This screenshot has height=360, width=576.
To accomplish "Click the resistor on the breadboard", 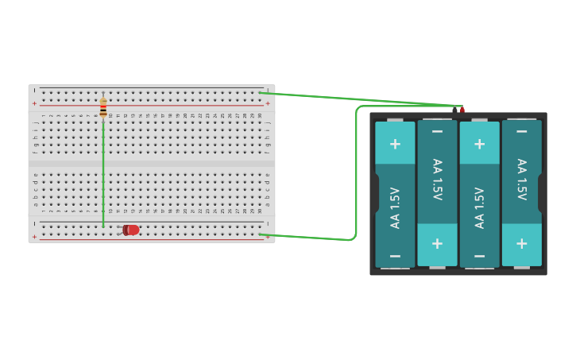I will point(103,107).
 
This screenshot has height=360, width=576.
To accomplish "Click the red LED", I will point(131,230).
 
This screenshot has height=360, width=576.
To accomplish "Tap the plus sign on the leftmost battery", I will point(395,144).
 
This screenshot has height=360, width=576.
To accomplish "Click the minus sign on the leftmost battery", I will point(395,256).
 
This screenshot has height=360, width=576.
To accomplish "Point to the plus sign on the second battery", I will point(437,244).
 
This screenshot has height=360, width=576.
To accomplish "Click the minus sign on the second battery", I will point(437,131).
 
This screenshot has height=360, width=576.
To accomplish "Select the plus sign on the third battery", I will point(479,144).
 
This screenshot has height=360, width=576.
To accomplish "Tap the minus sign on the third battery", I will point(479,256).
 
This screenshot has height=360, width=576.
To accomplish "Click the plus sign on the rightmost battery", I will point(521,244).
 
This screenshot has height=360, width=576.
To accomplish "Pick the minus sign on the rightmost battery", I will point(521,131).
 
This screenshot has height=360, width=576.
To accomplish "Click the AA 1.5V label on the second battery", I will point(437,180).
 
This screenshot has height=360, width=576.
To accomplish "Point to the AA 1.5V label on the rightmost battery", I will point(521,180).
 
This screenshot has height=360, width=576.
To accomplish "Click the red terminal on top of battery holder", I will point(462,110).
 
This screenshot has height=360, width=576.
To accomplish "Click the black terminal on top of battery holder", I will point(455,110).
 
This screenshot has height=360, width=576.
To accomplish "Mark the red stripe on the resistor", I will point(103,110).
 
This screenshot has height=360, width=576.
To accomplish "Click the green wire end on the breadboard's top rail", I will point(261,92).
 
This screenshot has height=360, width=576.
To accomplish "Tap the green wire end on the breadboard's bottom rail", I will point(261,234).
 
